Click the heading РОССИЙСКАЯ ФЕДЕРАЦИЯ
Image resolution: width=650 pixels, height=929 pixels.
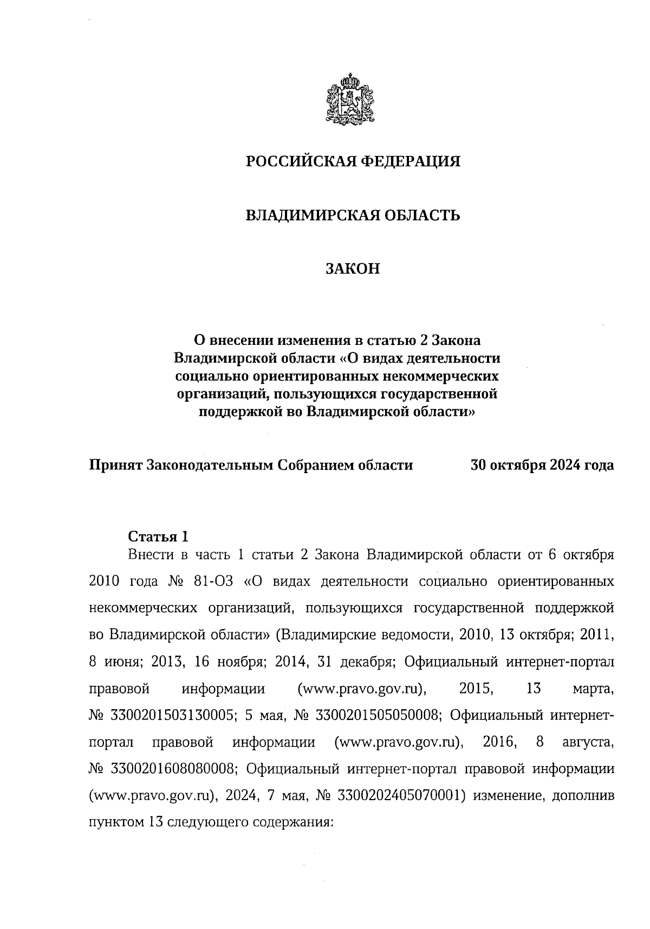point(353,161)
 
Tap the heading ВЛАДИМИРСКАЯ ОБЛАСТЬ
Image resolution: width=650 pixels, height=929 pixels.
point(353,215)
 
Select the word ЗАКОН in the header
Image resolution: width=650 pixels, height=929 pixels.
point(353,269)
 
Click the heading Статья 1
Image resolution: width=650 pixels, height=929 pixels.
point(158,537)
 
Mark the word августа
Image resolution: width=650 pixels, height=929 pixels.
point(588,742)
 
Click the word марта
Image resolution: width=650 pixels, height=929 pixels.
point(592,689)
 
